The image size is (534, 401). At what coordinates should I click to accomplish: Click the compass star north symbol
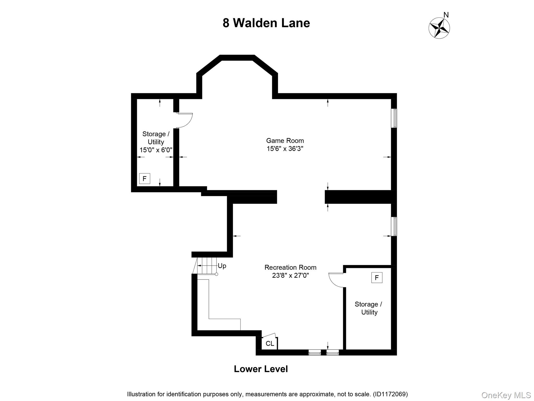click(x=439, y=28)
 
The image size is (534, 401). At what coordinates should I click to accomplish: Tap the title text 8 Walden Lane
click(x=266, y=23)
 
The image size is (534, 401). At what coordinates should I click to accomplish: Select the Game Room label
click(x=285, y=141)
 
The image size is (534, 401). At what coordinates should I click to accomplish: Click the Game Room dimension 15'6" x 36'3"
click(x=285, y=149)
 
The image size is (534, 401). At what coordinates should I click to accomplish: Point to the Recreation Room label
click(x=290, y=267)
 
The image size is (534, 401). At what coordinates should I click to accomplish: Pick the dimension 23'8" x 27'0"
click(x=290, y=275)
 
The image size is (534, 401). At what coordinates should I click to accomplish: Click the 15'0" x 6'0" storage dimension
click(x=156, y=150)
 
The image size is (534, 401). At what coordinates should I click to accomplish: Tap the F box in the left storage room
click(x=144, y=179)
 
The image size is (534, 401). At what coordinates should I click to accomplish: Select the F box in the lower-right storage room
click(x=377, y=278)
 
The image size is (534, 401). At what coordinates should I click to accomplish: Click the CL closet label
click(x=270, y=344)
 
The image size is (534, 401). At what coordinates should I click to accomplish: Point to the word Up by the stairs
click(x=222, y=266)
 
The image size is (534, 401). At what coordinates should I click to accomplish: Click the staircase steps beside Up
click(x=207, y=266)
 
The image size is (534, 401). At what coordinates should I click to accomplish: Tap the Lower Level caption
click(x=261, y=369)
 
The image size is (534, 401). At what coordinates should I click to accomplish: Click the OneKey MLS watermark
click(x=506, y=395)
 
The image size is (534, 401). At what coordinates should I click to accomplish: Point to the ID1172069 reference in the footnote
click(x=390, y=394)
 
